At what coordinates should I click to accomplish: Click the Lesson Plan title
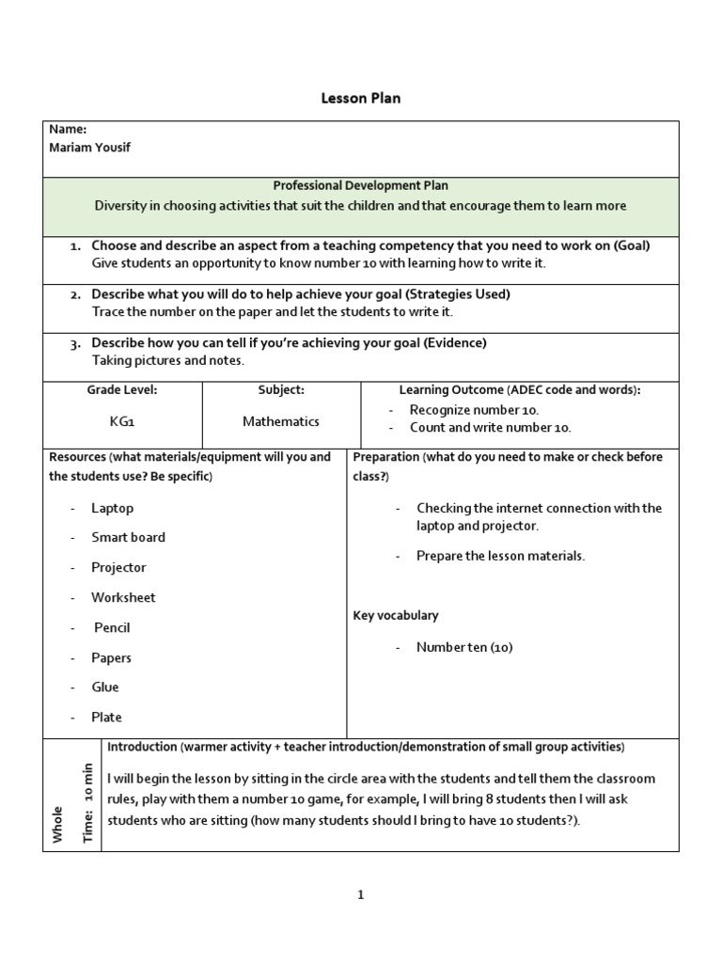click(x=361, y=98)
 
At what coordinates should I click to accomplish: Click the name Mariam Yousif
click(x=92, y=147)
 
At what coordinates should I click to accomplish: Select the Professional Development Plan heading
click(x=360, y=186)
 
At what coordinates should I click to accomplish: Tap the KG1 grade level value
click(x=122, y=421)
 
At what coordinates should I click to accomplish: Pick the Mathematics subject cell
click(x=281, y=421)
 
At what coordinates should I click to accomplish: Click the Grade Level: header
click(x=122, y=389)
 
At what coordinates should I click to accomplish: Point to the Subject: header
click(x=281, y=389)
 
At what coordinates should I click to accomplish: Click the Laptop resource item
click(x=112, y=508)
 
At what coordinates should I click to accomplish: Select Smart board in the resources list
click(x=128, y=537)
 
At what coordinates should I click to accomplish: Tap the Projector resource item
click(x=118, y=567)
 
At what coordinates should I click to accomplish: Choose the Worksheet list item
click(x=123, y=597)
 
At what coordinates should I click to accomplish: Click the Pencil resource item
click(x=112, y=627)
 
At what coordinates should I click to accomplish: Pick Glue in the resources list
click(x=105, y=687)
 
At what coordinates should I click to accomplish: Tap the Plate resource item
click(x=106, y=717)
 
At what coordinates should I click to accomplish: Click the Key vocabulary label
click(x=396, y=615)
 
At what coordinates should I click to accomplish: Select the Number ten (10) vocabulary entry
click(x=464, y=647)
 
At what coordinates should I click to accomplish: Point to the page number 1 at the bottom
click(x=360, y=895)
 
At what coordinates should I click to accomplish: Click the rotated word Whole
click(x=58, y=824)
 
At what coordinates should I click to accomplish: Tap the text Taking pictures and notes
click(x=167, y=360)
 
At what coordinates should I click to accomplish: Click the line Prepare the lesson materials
click(x=500, y=556)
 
